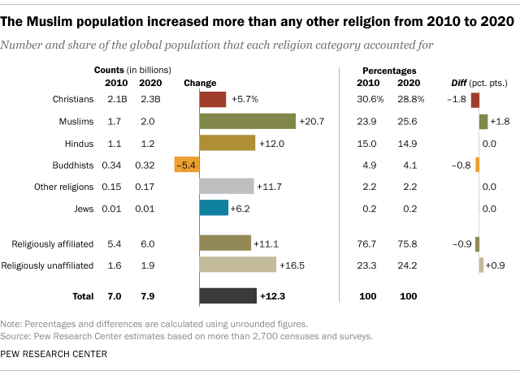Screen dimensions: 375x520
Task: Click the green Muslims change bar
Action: pyautogui.click(x=247, y=121)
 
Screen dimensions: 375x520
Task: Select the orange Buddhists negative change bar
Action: pyautogui.click(x=187, y=165)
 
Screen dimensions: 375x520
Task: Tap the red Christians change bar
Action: pyautogui.click(x=213, y=99)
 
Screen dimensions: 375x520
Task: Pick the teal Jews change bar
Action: pyautogui.click(x=214, y=208)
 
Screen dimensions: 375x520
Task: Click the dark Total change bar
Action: pyautogui.click(x=228, y=295)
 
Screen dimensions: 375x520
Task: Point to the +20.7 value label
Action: pyautogui.click(x=311, y=121)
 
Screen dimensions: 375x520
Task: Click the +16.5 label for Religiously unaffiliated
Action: pyautogui.click(x=292, y=265)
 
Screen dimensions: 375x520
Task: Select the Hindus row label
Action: pyautogui.click(x=80, y=143)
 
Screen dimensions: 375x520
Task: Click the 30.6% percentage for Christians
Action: pyautogui.click(x=370, y=99)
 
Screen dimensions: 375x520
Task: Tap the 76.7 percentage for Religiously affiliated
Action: pyautogui.click(x=370, y=243)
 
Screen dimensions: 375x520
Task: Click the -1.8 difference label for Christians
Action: pyautogui.click(x=458, y=99)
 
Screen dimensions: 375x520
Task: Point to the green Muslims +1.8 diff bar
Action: pyautogui.click(x=483, y=121)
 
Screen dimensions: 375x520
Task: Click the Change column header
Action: pyautogui.click(x=200, y=83)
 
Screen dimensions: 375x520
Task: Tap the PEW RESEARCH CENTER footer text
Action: pyautogui.click(x=55, y=354)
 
